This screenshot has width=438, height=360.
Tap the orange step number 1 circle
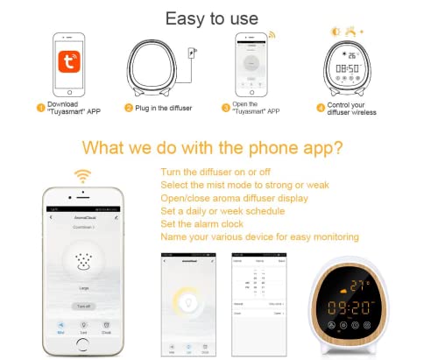(x=40, y=108)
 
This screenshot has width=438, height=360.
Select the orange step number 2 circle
(x=129, y=108)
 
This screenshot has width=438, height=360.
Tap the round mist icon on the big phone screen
(x=83, y=262)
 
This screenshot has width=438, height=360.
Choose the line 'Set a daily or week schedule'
(x=223, y=211)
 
